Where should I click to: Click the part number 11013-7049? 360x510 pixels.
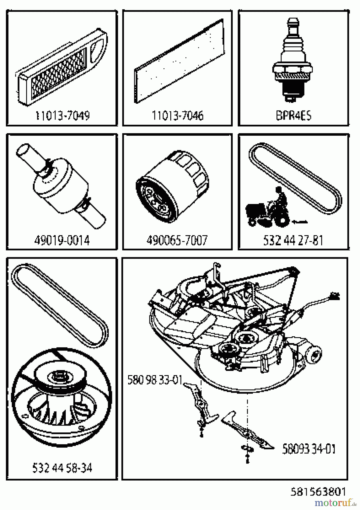click(x=62, y=116)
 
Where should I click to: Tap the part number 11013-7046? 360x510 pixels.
click(x=178, y=116)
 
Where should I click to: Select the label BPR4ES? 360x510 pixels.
click(x=293, y=116)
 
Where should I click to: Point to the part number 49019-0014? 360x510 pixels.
click(x=62, y=241)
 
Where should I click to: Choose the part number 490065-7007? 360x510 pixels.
click(x=177, y=241)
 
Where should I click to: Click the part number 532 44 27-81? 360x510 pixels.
click(x=293, y=241)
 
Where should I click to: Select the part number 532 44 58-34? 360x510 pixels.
click(x=62, y=468)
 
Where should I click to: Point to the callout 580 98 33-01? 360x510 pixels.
click(x=155, y=380)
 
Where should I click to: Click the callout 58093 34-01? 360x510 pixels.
click(x=309, y=449)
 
